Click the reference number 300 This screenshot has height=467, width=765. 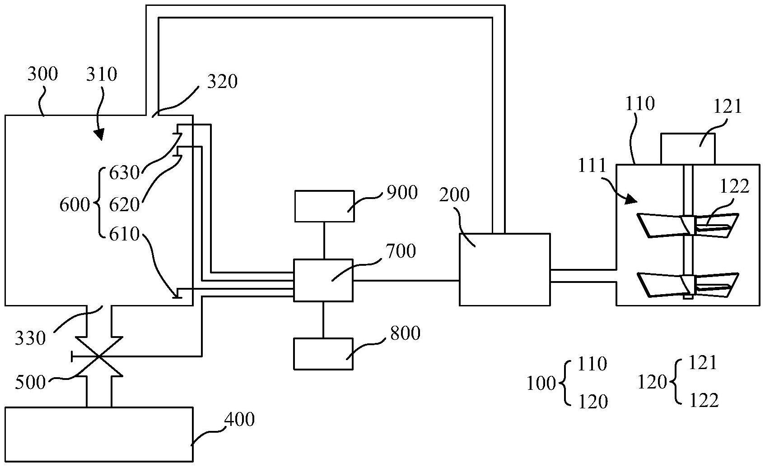pos(42,74)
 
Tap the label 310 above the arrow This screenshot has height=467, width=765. pos(101,74)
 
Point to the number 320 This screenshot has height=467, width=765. pos(222,81)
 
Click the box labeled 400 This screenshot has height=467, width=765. pos(99,434)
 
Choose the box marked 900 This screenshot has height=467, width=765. pos(324,206)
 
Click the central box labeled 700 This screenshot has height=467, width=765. pos(323,280)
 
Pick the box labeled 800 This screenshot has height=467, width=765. pos(323,354)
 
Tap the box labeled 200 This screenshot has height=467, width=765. pos(504,269)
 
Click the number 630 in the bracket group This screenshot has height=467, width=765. pos(124,172)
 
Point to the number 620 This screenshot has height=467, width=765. pos(124,204)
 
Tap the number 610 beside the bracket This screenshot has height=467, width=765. pos(124,234)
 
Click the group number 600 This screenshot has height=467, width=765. pos(75,205)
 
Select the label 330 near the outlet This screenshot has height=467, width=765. pos(31,338)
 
